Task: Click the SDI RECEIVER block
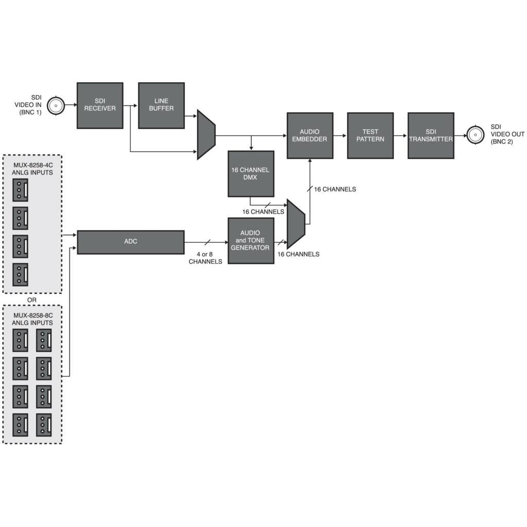[x=100, y=106]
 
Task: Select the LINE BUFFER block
[x=161, y=106]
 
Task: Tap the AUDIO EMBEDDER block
[x=310, y=135]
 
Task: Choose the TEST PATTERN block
[x=370, y=135]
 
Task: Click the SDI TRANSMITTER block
[x=431, y=135]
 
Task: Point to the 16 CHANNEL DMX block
[x=251, y=173]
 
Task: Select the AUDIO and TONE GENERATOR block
[x=251, y=240]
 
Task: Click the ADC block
[x=130, y=242]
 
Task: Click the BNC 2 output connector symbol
[x=475, y=135]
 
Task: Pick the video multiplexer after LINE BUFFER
[x=206, y=135]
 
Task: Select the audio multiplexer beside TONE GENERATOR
[x=295, y=224]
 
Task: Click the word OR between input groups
[x=32, y=300]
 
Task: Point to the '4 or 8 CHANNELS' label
[x=205, y=258]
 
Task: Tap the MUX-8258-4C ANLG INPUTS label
[x=32, y=169]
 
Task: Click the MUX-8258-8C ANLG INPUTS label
[x=32, y=319]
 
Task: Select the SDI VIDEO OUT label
[x=507, y=134]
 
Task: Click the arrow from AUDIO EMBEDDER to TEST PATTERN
[x=340, y=136]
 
